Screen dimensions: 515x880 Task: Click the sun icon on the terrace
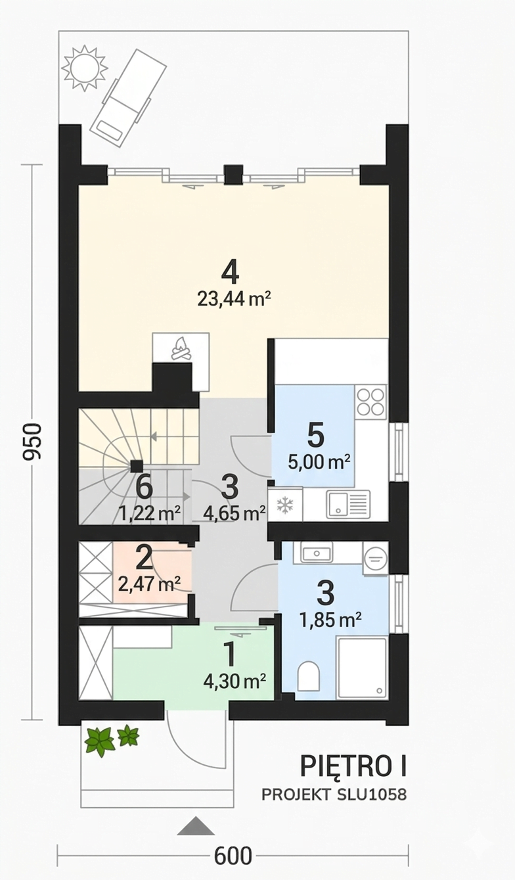coord(84,68)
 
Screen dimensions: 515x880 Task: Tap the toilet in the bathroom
coord(308,676)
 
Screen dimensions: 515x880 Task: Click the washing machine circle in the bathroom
coord(376,558)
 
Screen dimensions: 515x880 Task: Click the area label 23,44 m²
coord(234,300)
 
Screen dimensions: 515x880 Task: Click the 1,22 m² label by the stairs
coord(150,513)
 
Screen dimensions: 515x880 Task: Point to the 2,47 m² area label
coord(149,584)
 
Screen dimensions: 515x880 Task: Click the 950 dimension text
coord(32,441)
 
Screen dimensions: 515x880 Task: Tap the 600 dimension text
coord(233,855)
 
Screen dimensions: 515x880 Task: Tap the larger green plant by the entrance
coord(99,740)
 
